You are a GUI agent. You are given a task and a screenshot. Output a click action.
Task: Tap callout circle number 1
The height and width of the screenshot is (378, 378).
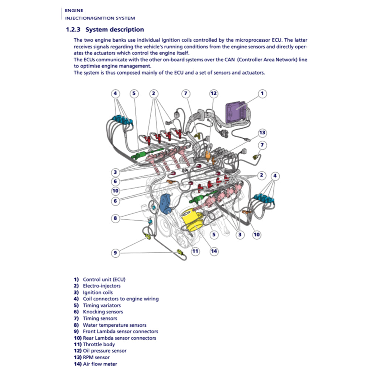(x=262, y=93)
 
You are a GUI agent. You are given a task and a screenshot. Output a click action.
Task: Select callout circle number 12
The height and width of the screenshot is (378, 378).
(x=214, y=93)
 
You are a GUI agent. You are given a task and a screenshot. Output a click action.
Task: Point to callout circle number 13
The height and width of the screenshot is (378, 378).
(x=262, y=133)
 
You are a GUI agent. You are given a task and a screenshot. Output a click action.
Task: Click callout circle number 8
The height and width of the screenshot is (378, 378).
(x=116, y=218)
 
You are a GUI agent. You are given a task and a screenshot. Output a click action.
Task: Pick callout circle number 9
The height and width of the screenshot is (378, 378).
(x=116, y=253)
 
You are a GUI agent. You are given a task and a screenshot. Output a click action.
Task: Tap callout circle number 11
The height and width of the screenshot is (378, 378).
(x=195, y=251)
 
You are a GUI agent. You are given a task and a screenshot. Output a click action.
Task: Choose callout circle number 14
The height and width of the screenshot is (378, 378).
(x=214, y=251)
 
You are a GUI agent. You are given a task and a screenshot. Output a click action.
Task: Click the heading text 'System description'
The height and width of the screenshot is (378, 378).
(x=115, y=30)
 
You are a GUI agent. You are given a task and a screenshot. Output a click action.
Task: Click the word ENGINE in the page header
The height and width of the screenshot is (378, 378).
(x=74, y=10)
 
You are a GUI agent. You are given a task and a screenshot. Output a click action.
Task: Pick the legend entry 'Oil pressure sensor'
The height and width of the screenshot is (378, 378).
(x=104, y=351)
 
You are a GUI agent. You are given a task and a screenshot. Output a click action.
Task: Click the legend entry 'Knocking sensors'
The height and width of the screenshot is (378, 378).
(x=103, y=312)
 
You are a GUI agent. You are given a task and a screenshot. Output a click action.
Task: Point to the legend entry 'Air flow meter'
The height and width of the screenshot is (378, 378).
(x=100, y=364)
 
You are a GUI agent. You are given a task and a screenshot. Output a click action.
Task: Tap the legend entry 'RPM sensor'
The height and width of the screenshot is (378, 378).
(x=96, y=357)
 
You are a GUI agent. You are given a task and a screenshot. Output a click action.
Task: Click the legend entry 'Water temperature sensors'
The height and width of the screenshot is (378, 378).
(x=114, y=325)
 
